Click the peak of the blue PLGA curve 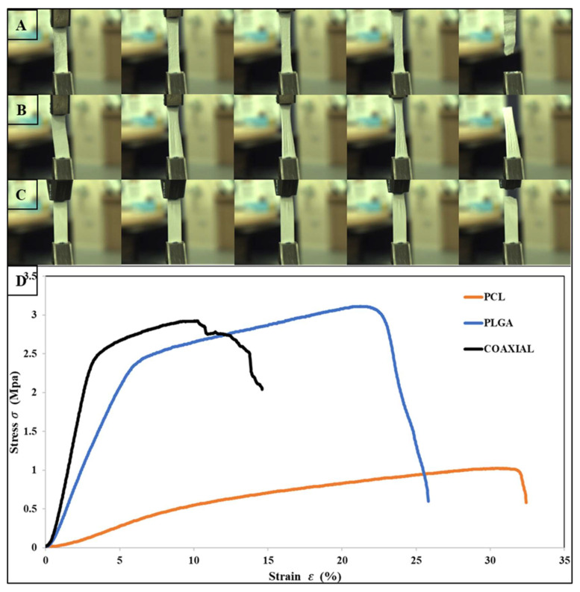click(362, 306)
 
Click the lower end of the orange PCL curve click(526, 503)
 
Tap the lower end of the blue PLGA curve click(428, 501)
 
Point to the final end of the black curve click(262, 388)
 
